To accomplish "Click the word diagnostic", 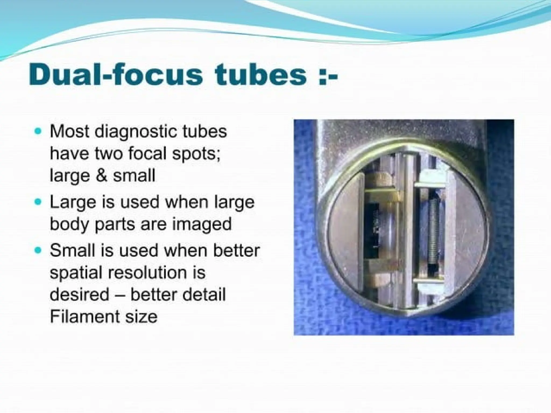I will tap(136, 132).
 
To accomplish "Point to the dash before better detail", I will tap(120, 295).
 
